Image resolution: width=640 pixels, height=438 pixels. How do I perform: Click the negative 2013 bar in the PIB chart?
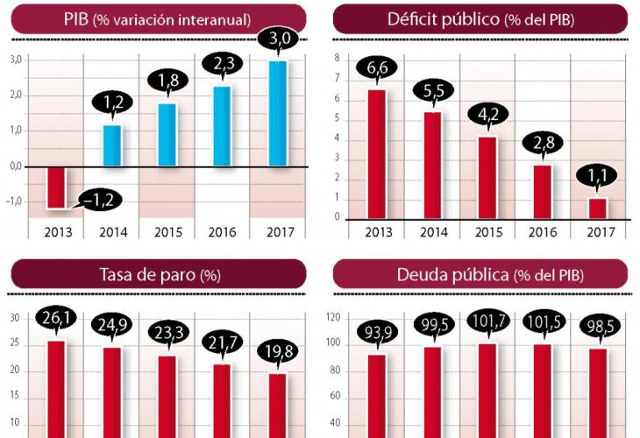[56, 187]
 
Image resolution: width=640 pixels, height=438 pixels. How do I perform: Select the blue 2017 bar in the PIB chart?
[277, 112]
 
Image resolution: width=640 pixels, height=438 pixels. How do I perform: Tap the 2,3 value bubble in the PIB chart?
[222, 64]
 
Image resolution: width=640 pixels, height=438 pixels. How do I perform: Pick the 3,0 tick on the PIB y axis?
[15, 60]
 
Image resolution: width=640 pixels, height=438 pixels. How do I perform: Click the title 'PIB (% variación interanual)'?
[158, 18]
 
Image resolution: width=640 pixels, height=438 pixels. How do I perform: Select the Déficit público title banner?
[480, 18]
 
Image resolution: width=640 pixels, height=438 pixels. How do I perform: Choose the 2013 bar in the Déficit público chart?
[377, 152]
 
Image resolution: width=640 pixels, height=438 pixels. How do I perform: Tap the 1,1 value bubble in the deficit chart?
[598, 178]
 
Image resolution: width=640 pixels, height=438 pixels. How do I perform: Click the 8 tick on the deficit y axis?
[338, 59]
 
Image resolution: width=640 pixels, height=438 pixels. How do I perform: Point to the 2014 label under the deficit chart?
[432, 233]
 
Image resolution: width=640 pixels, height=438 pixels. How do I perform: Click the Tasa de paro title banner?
[158, 274]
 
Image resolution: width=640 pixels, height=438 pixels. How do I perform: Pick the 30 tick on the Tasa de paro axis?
[15, 319]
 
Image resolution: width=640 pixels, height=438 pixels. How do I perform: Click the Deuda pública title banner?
[480, 274]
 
